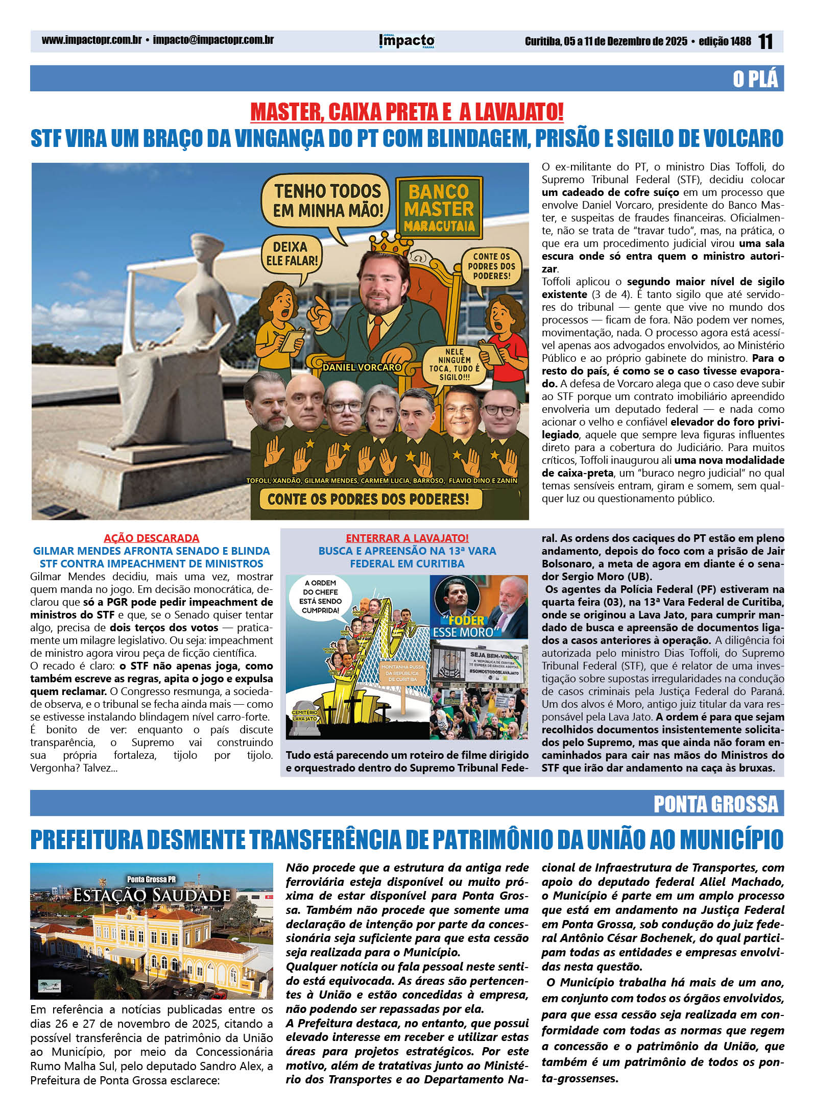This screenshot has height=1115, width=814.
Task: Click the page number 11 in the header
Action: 765,41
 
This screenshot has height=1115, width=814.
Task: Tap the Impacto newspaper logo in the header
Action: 407,41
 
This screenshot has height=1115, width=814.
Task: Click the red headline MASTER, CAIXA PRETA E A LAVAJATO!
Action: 406,112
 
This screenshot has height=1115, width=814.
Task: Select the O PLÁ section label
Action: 755,79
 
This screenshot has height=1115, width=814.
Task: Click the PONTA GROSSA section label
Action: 716,804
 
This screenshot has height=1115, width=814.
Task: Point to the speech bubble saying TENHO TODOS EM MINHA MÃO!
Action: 327,201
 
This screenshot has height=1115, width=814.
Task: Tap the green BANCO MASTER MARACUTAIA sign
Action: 439,208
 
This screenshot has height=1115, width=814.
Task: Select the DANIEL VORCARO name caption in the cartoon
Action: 362,366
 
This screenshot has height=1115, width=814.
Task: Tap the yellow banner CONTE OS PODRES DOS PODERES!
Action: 368,499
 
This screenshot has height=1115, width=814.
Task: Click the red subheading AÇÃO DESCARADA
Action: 151,538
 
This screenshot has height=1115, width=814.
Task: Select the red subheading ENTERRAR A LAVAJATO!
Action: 407,538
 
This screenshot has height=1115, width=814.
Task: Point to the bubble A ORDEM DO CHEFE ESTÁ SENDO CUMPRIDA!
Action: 321,597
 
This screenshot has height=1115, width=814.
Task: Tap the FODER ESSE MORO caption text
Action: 463,626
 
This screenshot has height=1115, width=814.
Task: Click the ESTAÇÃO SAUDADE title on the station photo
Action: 152,896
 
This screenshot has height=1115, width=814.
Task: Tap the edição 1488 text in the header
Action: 725,41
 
